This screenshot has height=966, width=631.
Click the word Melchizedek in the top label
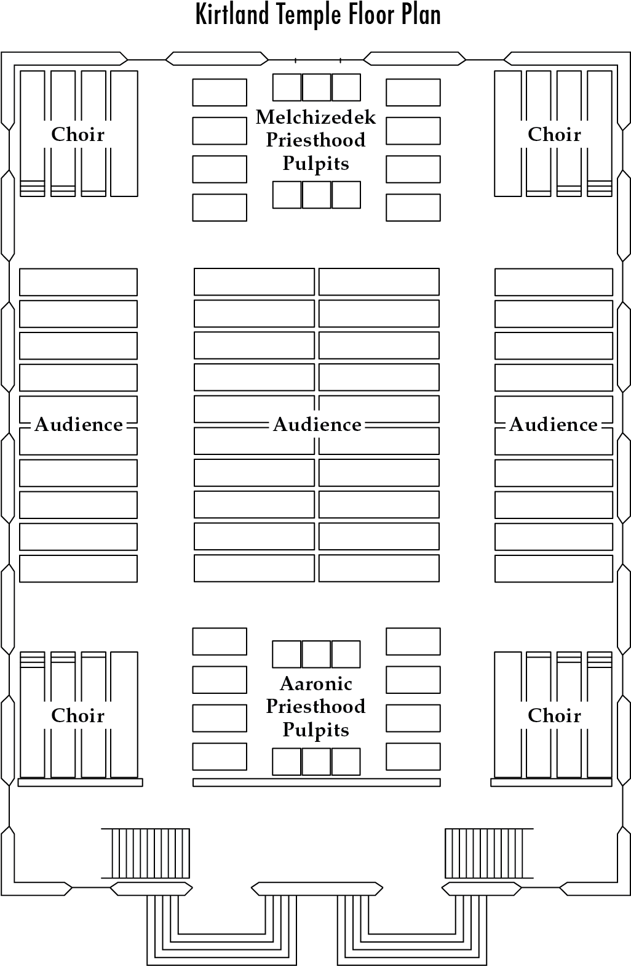tap(315, 117)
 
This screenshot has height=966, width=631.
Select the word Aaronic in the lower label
tap(315, 684)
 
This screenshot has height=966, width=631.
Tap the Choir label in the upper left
tap(77, 134)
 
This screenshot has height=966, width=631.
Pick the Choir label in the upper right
tap(554, 134)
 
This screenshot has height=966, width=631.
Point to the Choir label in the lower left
tap(77, 715)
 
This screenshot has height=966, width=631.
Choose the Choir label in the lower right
tap(554, 715)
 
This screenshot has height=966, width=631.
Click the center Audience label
tap(317, 424)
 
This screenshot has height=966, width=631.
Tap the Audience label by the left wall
tap(79, 424)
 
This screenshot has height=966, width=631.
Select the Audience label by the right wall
tap(554, 424)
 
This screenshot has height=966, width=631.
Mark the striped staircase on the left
tap(145, 853)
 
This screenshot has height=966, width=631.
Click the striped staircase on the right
tap(490, 853)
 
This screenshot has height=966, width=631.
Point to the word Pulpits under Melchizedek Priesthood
tap(315, 164)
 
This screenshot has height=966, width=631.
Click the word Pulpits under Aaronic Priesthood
tap(315, 730)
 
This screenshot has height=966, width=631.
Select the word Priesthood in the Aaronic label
tap(315, 707)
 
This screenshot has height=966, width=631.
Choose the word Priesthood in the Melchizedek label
tap(315, 140)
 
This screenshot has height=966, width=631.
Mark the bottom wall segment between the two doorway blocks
tap(317, 889)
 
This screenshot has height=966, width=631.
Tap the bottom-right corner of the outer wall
tap(624, 888)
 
